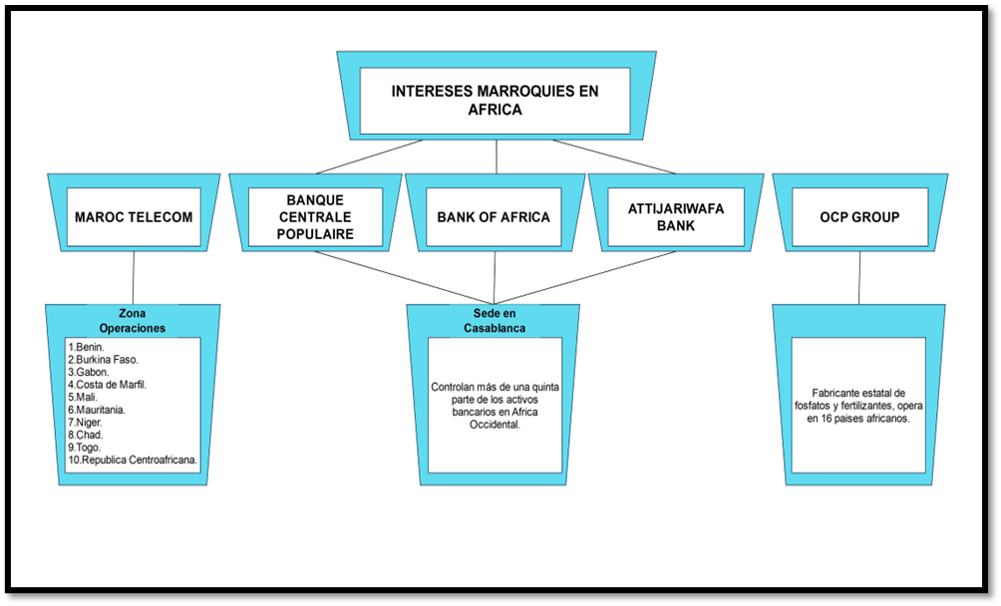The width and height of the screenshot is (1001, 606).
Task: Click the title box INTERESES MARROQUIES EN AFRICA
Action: pos(495,100)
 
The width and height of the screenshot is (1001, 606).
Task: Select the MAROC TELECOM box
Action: pos(134,216)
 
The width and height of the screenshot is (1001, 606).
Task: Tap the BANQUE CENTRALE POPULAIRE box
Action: pos(314,217)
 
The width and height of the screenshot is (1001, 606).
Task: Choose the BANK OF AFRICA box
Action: pos(494,217)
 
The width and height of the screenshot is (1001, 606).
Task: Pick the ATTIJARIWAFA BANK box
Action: pos(676,217)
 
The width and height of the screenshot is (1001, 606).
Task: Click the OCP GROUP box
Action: pos(859,216)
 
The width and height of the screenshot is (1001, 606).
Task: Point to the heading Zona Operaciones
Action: pos(133,320)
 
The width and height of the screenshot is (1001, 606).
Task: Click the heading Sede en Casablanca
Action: pos(494,320)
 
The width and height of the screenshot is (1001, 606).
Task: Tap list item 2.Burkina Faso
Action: pos(104,360)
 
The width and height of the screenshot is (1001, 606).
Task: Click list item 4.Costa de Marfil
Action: pos(108,385)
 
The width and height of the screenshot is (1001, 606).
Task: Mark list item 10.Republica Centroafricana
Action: pos(134,460)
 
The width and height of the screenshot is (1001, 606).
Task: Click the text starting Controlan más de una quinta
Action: pos(495,405)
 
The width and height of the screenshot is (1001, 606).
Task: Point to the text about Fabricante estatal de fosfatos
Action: pos(858,405)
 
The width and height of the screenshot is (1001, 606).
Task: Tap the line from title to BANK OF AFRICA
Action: pos(496,156)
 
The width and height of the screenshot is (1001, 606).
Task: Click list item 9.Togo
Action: pos(86,448)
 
